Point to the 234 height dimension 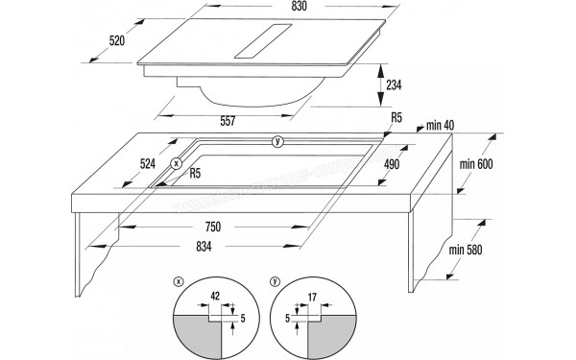pyautogui.click(x=395, y=84)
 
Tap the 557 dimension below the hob pyautogui.click(x=227, y=120)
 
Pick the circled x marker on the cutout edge pyautogui.click(x=177, y=164)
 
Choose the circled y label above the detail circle pyautogui.click(x=275, y=281)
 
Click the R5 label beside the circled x pyautogui.click(x=195, y=174)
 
